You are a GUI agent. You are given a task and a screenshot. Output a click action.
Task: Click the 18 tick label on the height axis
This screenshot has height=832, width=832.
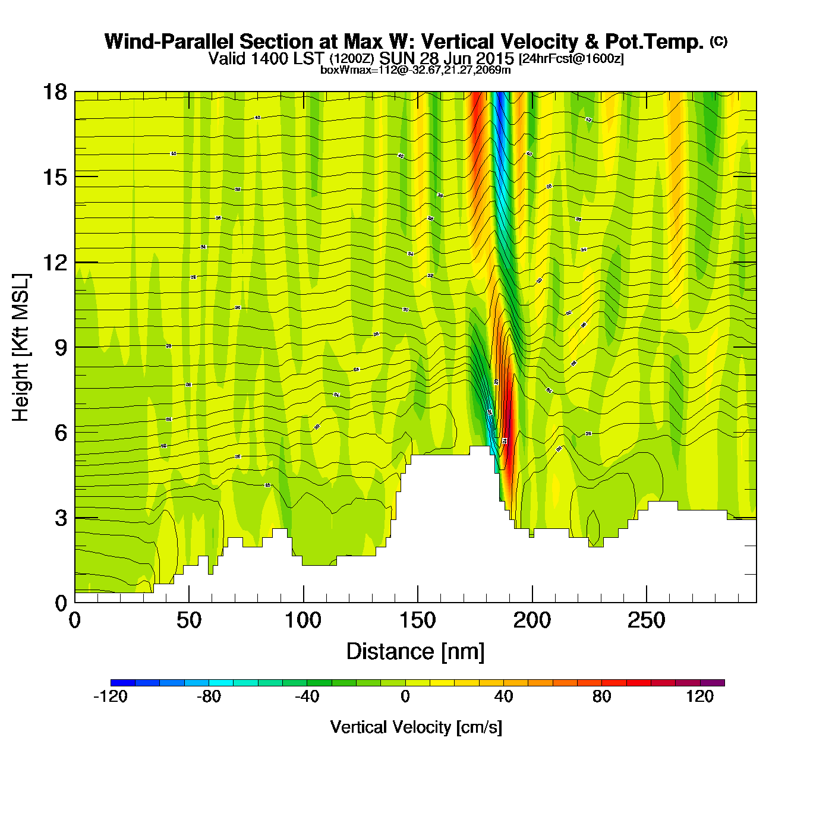[x=55, y=92]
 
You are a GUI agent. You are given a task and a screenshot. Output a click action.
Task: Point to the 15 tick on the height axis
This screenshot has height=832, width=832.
[x=55, y=177]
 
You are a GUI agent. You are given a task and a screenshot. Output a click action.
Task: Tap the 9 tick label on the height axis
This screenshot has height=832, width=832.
[x=61, y=348]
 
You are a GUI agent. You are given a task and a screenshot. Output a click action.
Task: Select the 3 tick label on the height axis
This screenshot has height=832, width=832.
[x=61, y=518]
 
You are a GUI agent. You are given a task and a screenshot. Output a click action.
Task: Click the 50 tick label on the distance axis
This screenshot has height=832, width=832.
[x=189, y=621]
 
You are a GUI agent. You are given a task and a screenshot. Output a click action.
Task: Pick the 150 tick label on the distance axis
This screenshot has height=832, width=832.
[x=418, y=621]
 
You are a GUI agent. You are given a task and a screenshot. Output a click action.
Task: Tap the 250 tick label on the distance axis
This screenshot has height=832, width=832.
[x=647, y=621]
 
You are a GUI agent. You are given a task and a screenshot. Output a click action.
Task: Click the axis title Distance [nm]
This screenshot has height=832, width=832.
[x=415, y=652]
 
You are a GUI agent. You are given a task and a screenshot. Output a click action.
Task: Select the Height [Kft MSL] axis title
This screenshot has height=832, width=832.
[x=21, y=348]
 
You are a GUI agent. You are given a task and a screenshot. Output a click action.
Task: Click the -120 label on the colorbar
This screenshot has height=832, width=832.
[x=111, y=697]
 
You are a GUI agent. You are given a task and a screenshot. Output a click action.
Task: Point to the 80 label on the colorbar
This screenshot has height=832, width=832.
[x=601, y=697]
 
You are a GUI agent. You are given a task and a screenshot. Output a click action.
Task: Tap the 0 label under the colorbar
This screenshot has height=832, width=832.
[x=405, y=697]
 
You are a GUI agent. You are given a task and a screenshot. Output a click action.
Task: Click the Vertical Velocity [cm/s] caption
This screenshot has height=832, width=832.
[x=416, y=727]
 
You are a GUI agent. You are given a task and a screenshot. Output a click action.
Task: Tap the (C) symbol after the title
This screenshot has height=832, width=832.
[x=718, y=41]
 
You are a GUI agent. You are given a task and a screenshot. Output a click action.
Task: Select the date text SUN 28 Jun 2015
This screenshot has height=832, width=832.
[x=446, y=59]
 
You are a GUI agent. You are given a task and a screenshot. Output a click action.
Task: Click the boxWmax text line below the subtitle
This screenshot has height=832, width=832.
[x=415, y=70]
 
